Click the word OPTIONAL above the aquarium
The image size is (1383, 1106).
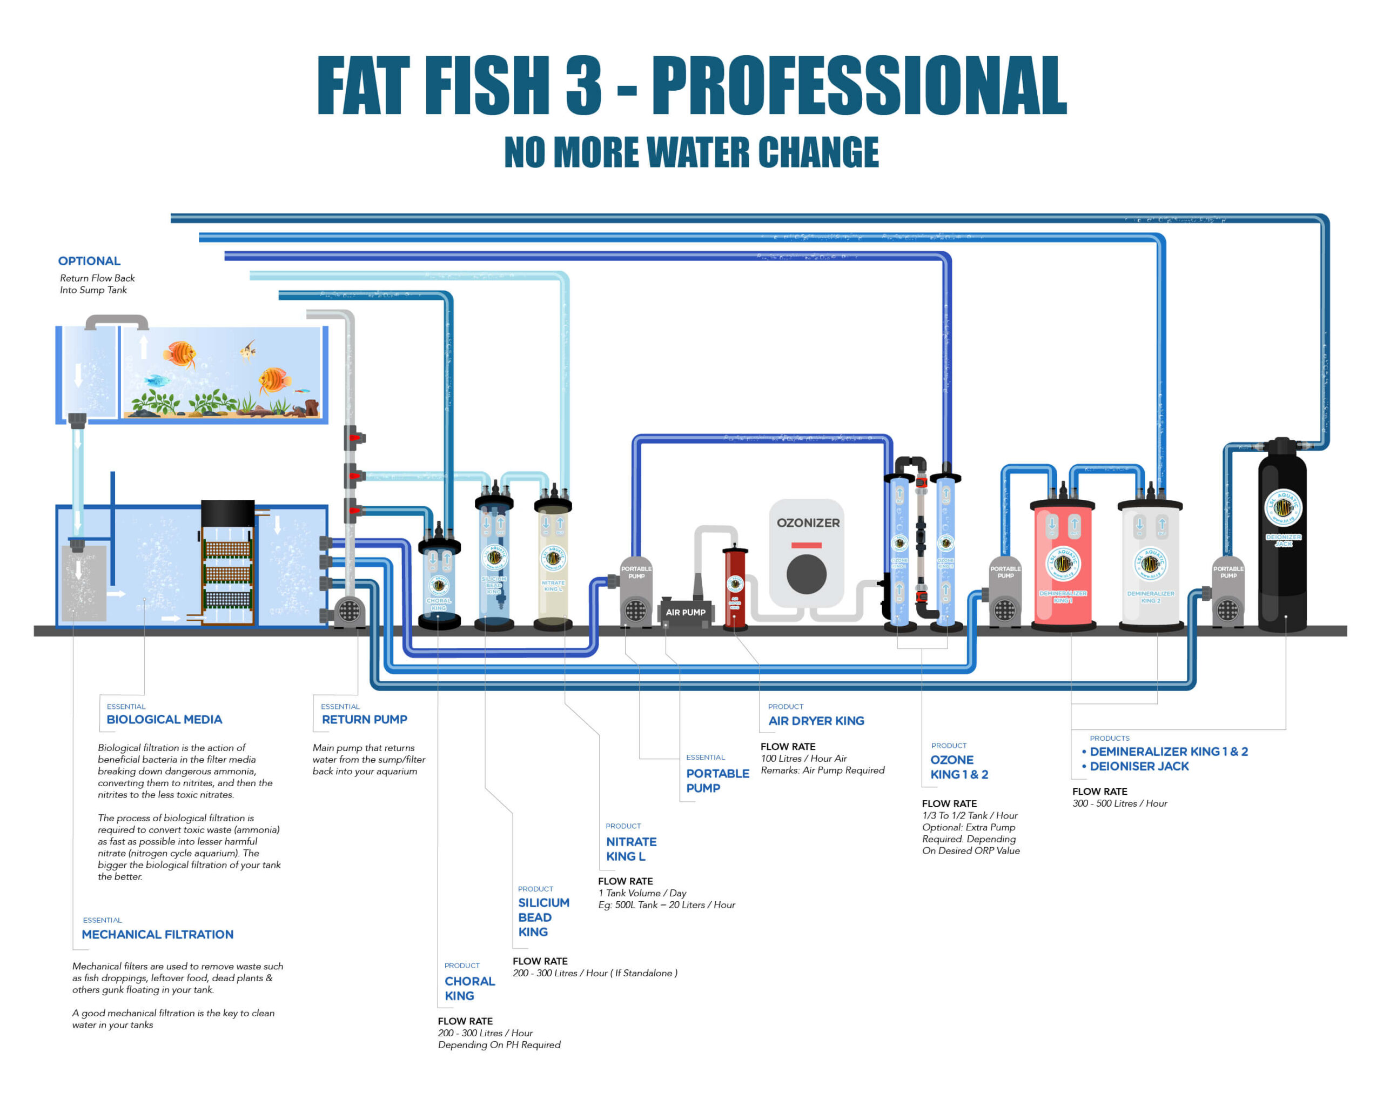89,261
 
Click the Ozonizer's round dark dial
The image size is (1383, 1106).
807,574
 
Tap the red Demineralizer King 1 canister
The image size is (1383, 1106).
1063,565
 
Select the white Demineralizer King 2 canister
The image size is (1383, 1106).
1150,565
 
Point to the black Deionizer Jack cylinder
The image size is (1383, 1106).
1283,539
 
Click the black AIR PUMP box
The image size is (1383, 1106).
685,612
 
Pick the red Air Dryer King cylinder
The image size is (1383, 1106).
735,587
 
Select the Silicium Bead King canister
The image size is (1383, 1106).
494,558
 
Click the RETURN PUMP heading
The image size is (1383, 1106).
364,720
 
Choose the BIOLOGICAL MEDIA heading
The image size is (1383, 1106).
164,720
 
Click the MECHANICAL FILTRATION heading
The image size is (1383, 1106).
157,935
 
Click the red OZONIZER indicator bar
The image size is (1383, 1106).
807,545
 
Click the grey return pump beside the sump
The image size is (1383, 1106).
349,610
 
